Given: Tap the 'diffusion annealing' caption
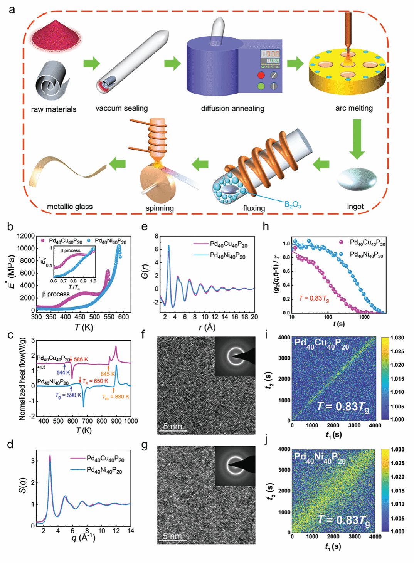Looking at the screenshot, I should coord(232,109).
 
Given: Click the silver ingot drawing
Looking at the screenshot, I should coord(357,179).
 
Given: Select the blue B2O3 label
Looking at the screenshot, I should coord(293,204).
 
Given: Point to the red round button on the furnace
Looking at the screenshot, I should coord(261,75).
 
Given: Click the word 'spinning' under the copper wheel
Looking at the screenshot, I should coord(160,208).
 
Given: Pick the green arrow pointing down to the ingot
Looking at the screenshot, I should coord(357,139).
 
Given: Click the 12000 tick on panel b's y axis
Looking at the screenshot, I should coord(26,236).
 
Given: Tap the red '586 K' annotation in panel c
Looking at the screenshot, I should coord(81,359).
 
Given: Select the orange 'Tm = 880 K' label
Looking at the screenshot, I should coord(116,397).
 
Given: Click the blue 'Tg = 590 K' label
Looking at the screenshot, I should coord(68,395).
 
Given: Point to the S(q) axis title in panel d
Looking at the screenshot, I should coord(23,486).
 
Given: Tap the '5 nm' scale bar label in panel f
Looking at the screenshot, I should coord(172,426).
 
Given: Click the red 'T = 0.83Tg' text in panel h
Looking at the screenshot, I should coord(314,298).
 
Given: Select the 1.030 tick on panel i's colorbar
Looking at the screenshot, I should coord(397,338).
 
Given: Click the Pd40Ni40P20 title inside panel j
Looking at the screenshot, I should coord(320,458).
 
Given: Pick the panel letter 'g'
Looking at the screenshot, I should coord(145,445).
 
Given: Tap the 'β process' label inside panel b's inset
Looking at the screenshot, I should coord(70,250).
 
